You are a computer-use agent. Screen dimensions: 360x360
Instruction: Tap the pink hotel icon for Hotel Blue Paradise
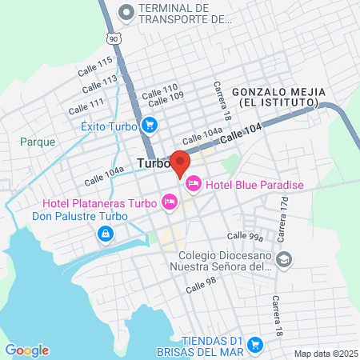pos(193,186)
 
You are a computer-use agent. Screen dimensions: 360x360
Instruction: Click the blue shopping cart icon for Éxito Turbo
pos(149,125)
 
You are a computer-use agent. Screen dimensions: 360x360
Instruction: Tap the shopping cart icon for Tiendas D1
pos(255,345)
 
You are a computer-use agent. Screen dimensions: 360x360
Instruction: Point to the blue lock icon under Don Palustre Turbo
pos(105,233)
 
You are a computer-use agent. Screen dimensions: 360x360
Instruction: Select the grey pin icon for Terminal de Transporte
pos(126,13)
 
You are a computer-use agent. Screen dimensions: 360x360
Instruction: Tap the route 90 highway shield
pos(115,38)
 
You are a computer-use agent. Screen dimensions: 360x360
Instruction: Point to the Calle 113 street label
pos(99,83)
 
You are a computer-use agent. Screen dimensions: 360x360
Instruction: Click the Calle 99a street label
pos(244,236)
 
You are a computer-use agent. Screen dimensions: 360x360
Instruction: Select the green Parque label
pos(38,142)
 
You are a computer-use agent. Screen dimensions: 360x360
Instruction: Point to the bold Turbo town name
pos(154,163)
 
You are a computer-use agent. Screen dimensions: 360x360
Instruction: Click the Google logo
pos(26,350)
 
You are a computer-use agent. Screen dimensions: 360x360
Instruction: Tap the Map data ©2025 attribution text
pos(324,354)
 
